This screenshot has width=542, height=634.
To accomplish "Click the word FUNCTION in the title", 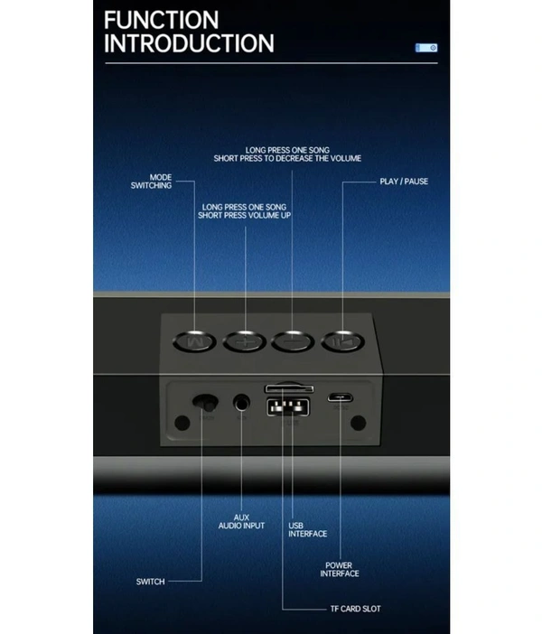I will coord(161,20).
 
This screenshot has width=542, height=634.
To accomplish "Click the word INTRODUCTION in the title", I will coord(189,43).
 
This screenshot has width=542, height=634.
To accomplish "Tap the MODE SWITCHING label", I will coord(151,182).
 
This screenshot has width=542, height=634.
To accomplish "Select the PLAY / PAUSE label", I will coord(404,182).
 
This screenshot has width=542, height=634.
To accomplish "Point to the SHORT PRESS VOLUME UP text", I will coord(244,216).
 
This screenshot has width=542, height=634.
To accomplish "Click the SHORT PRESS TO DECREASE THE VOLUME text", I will coord(287,158).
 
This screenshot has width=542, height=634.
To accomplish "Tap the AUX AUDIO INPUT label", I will coord(242,522).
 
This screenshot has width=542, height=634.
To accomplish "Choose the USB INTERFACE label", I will coord(307,529).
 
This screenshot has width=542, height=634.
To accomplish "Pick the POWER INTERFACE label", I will coord(340,570).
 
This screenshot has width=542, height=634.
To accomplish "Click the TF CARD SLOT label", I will coord(354,609).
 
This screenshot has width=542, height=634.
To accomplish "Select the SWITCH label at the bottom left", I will coord(150,582).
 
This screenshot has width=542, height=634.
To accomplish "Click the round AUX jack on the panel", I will coord(241,404).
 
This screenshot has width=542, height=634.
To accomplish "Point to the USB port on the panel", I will coord(283,406).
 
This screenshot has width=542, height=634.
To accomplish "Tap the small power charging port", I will coord(340,396).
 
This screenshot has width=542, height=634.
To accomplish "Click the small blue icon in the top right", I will coord(426,48).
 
